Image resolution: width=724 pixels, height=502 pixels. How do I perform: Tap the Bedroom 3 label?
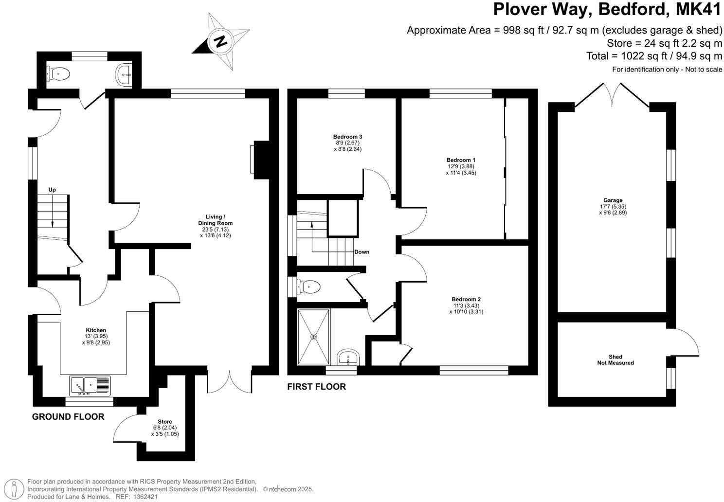pos(347,143)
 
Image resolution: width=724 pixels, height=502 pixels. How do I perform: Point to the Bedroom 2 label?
pos(466,305)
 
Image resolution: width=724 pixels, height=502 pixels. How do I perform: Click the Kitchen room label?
pos(96,336)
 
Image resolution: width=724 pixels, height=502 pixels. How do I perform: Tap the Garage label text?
pos(613,206)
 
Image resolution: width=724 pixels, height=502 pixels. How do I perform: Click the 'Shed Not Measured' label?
pos(615,360)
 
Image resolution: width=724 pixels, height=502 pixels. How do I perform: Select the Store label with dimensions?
pos(164,428)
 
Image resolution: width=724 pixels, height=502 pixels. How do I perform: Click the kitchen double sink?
pos(90,386)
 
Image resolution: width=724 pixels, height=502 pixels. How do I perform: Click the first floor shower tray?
pos(314,337)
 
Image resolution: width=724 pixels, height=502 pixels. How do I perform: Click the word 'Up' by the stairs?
pos(52,190)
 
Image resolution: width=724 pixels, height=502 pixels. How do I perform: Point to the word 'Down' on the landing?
pos(362,252)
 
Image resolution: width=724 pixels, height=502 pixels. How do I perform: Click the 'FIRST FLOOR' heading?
pos(316,387)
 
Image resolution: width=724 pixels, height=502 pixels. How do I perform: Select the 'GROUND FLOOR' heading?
pos(68,417)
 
